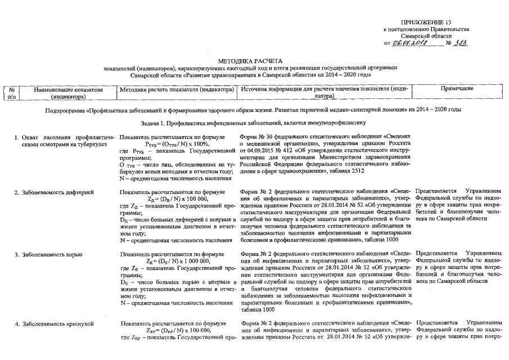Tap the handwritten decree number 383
coord(461,43)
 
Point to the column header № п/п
coord(11,93)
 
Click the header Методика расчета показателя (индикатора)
coord(177,89)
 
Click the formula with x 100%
coord(177,145)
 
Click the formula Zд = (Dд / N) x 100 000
coord(177,199)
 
